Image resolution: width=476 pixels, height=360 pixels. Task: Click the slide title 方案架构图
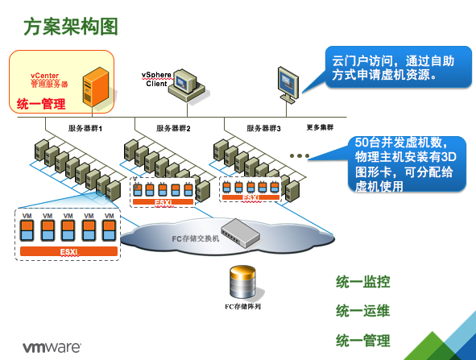click(71, 26)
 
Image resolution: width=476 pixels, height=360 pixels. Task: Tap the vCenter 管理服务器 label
click(49, 79)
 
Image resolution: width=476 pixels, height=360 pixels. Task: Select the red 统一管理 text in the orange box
click(41, 104)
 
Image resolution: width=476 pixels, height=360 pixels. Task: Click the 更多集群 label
click(320, 127)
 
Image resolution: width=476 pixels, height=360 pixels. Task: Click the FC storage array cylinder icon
click(245, 282)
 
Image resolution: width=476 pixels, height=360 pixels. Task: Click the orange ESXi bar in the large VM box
click(68, 252)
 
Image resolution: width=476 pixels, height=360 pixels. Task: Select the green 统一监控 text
click(362, 282)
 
